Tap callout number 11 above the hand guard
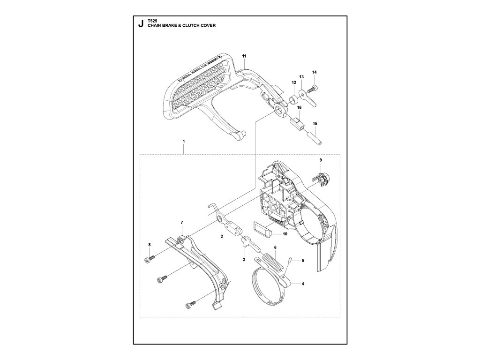(x=244, y=56)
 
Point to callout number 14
(x=315, y=72)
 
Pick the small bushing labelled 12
(x=293, y=99)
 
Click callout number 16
(x=299, y=108)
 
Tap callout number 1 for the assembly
(x=184, y=141)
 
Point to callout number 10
(x=285, y=233)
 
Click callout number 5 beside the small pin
(x=303, y=261)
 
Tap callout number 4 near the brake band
(x=303, y=283)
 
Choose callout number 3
(x=244, y=259)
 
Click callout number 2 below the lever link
(x=221, y=237)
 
